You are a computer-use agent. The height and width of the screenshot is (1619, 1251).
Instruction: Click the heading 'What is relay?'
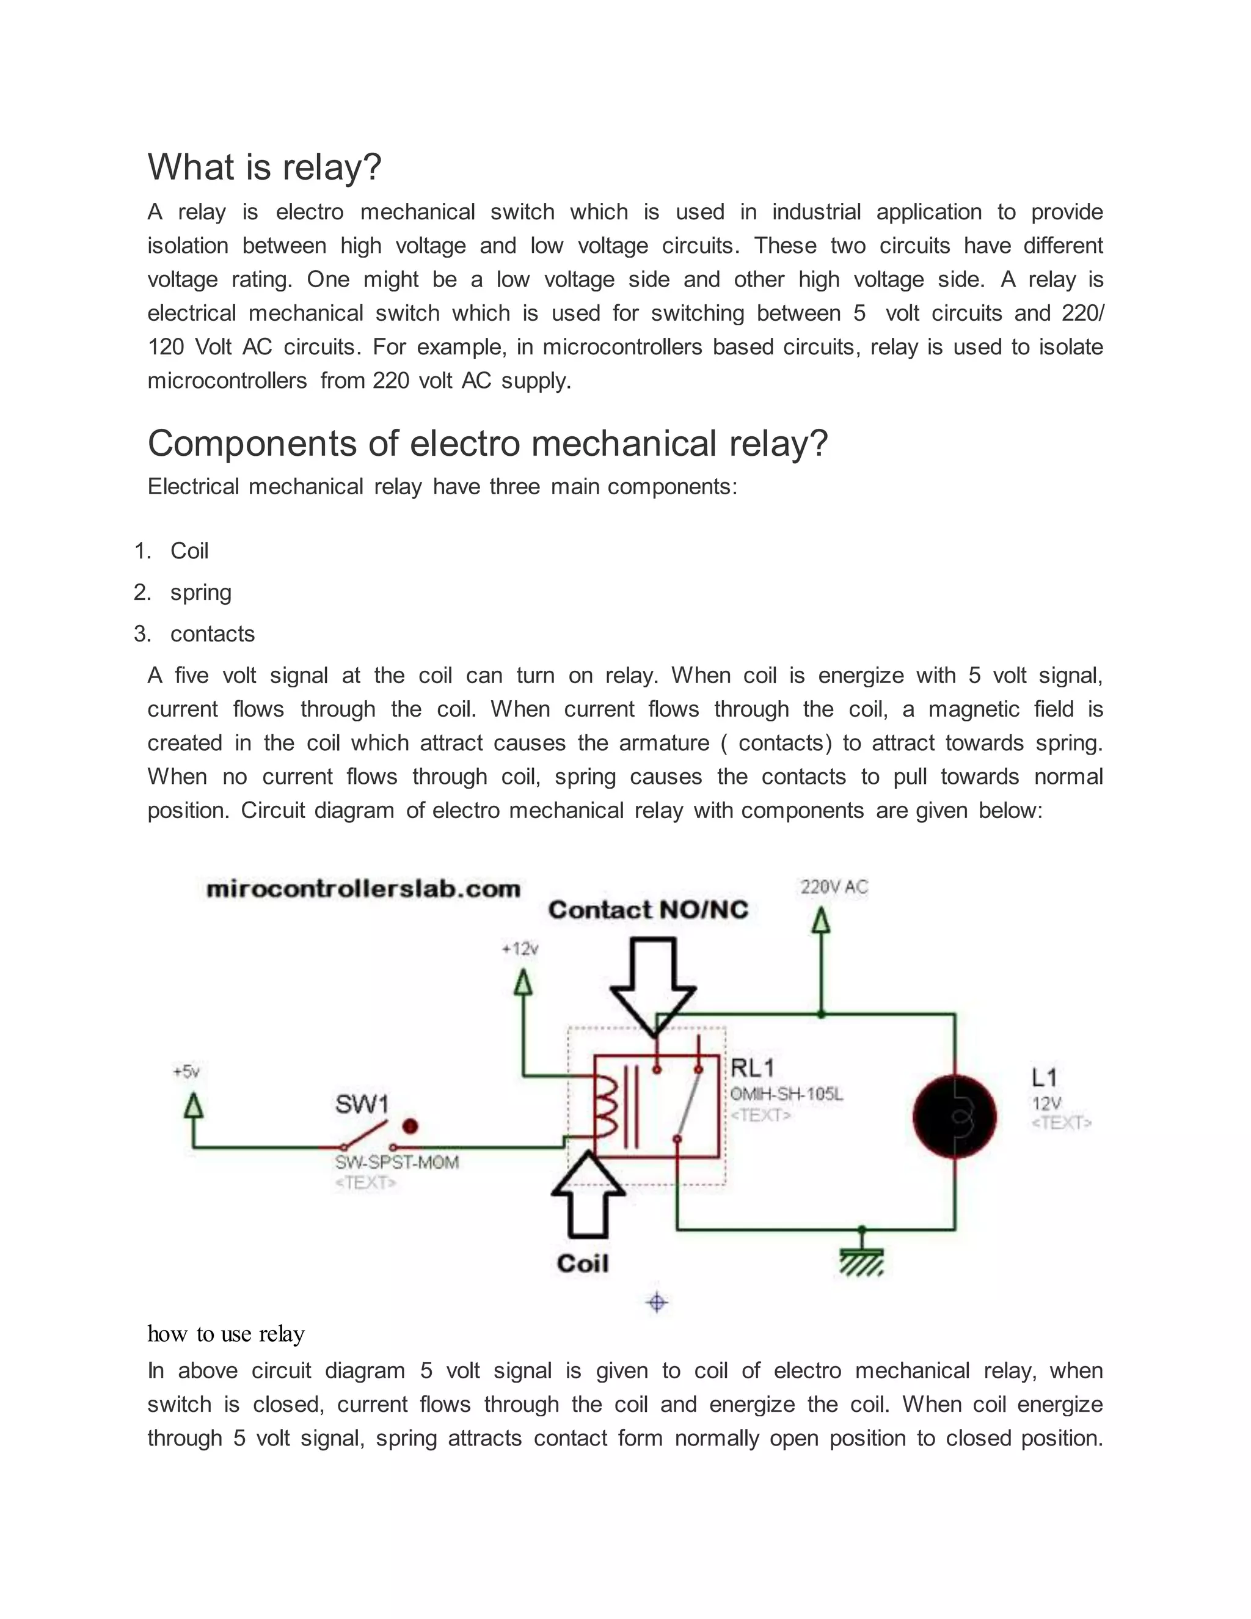[264, 167]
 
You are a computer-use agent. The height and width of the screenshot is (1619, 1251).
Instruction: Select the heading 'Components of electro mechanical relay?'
[487, 444]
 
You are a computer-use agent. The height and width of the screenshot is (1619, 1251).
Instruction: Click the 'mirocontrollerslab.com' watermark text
[363, 889]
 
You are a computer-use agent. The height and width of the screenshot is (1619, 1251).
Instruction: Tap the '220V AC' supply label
[834, 886]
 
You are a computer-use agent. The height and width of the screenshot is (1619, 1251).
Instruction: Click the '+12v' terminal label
[520, 949]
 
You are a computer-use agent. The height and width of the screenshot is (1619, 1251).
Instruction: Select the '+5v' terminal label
[186, 1072]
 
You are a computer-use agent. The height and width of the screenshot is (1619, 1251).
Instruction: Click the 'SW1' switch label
[362, 1105]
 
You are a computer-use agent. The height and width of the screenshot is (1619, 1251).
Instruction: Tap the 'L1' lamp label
[1043, 1077]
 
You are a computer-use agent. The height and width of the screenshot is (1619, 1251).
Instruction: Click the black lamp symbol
[955, 1117]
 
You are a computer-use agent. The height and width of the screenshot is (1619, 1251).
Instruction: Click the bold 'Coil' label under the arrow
[583, 1264]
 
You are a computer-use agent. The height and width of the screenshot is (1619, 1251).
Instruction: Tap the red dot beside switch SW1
[410, 1127]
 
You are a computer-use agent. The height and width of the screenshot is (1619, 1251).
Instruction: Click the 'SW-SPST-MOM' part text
[397, 1163]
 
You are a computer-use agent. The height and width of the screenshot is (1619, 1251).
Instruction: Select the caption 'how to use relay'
[226, 1334]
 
